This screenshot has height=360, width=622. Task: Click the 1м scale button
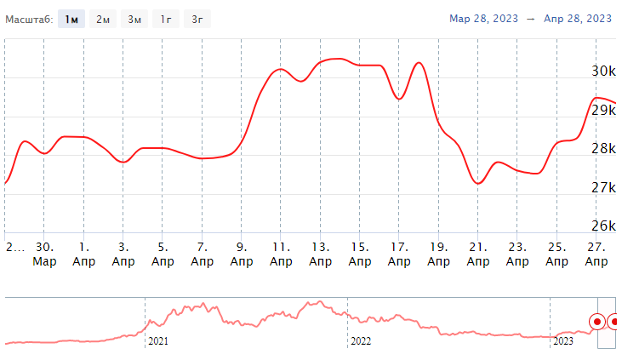72,19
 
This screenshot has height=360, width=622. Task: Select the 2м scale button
104,19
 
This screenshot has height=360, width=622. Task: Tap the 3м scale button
134,19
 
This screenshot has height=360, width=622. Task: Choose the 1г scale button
165,19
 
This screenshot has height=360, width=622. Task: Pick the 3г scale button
197,19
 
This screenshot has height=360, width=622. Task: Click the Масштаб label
29,19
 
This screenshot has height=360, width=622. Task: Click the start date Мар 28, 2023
482,18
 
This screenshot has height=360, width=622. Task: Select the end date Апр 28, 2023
576,18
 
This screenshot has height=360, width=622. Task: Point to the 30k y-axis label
603,71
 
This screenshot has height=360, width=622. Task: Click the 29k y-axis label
603,110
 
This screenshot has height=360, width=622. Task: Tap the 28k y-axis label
603,149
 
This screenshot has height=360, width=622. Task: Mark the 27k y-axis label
603,187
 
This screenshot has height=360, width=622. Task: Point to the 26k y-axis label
603,226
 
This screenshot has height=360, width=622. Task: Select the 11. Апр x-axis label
281,254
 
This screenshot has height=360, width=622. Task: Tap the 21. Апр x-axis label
478,254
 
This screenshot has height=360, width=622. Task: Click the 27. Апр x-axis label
596,254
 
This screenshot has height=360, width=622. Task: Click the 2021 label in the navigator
158,341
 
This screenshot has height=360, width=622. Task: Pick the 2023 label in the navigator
563,341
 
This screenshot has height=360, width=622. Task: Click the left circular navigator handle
597,322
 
